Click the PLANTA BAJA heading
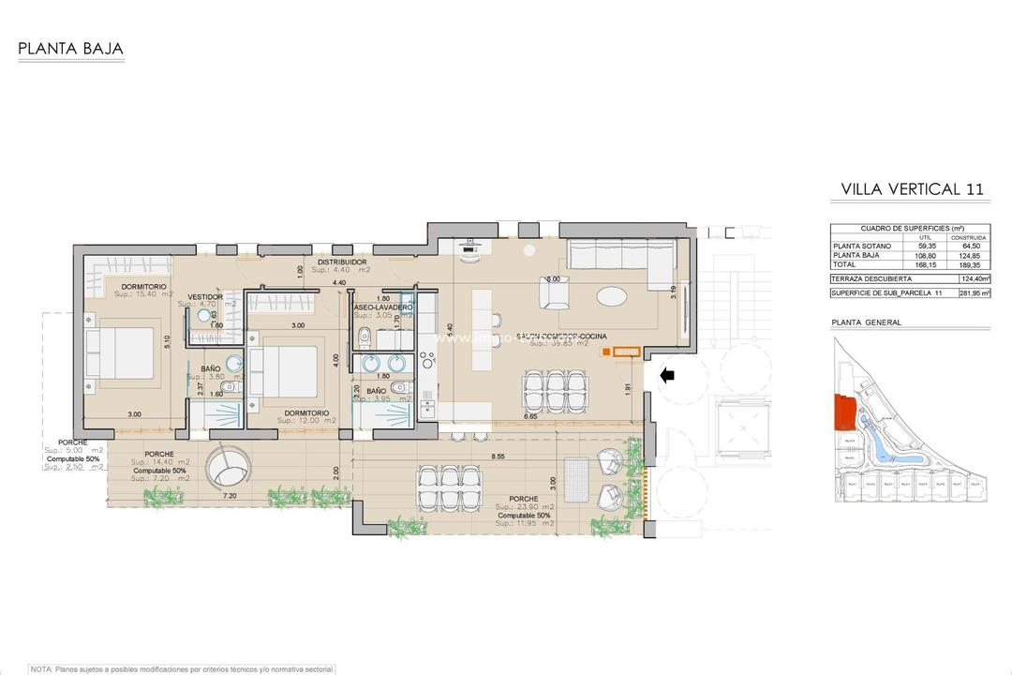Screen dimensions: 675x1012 [x=70, y=49]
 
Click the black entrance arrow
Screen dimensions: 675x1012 [x=667, y=376]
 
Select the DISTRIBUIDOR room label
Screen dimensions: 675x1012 [x=341, y=262]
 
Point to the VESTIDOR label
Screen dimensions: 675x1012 [x=204, y=296]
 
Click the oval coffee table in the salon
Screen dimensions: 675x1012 [x=614, y=296]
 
